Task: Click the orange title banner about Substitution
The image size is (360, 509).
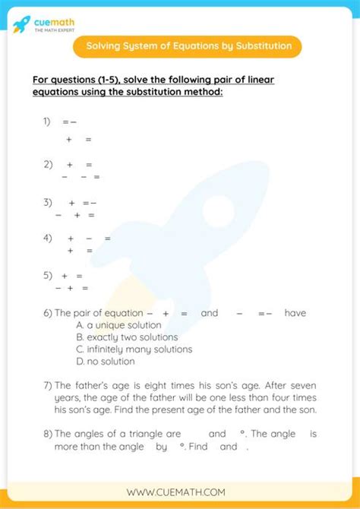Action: (x=188, y=46)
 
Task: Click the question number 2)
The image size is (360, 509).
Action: (x=48, y=164)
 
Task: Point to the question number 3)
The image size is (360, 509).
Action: (x=48, y=203)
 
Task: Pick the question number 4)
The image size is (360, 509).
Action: (x=48, y=238)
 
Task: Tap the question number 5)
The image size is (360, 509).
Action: (x=48, y=276)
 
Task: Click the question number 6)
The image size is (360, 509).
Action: (x=48, y=313)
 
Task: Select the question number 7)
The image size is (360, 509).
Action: (x=48, y=385)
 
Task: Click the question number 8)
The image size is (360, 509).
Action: (x=48, y=434)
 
